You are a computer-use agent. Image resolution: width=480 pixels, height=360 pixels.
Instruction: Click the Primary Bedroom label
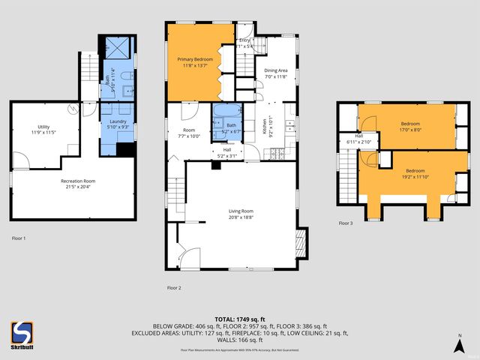click(x=195, y=61)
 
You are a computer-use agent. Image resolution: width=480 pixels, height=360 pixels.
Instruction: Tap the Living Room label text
click(x=241, y=214)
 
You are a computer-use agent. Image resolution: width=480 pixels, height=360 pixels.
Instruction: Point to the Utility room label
click(x=44, y=129)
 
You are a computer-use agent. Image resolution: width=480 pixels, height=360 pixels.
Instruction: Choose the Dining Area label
click(x=276, y=73)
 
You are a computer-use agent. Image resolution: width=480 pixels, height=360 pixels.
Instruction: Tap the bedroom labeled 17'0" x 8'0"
click(x=409, y=126)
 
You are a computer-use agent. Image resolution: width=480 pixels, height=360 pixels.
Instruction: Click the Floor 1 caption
click(x=19, y=238)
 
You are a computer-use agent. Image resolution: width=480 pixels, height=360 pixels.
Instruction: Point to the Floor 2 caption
click(x=174, y=287)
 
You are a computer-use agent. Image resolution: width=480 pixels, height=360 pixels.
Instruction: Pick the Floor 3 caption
click(x=345, y=223)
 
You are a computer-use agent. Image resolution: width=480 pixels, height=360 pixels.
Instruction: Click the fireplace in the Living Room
click(x=301, y=241)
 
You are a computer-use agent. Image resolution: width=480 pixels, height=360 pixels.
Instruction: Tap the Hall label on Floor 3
click(x=358, y=139)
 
